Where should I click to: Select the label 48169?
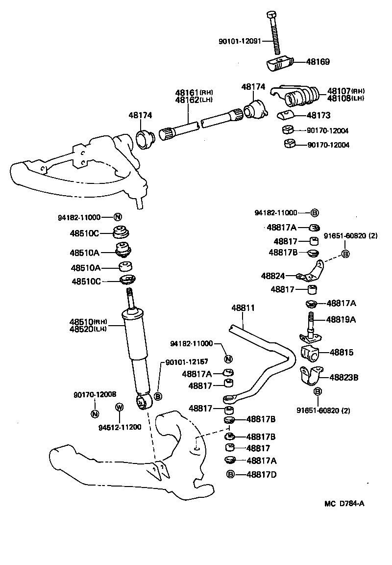(x=318, y=62)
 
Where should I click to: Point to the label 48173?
(x=318, y=116)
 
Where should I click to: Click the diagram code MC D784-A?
(x=344, y=504)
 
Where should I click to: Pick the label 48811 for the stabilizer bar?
(x=243, y=308)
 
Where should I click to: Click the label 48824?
(x=273, y=276)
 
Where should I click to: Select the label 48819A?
(x=341, y=319)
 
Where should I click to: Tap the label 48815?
(x=342, y=352)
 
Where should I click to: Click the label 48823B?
(x=343, y=378)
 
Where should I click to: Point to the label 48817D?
(x=261, y=474)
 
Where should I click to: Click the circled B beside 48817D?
(x=231, y=474)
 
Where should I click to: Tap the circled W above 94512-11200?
(x=119, y=407)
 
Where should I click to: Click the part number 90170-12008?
(x=95, y=394)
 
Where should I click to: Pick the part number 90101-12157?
(x=187, y=361)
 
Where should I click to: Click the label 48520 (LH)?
(x=88, y=329)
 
